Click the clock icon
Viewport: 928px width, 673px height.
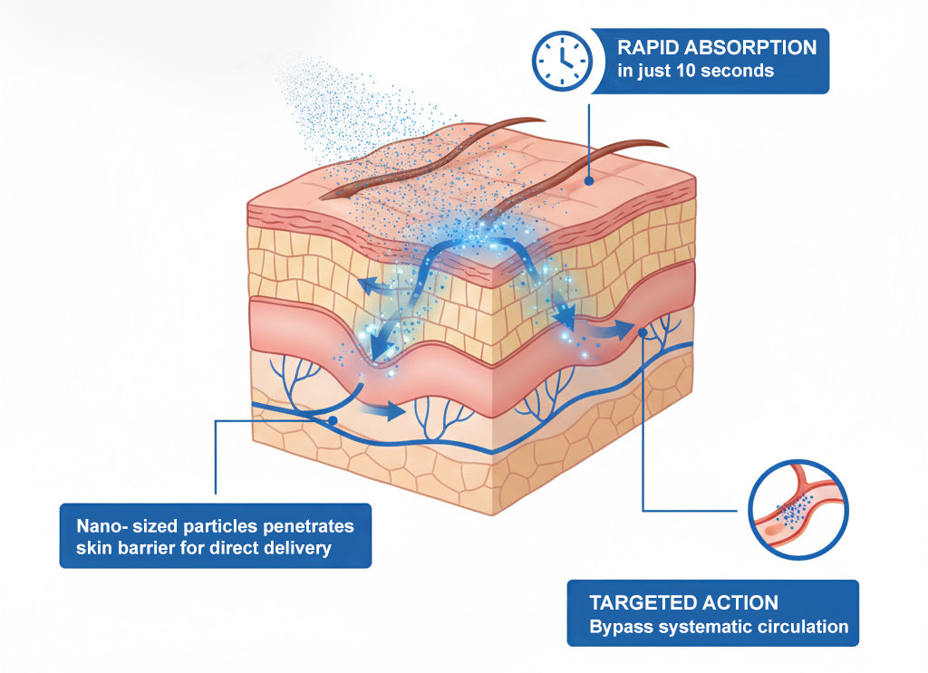point(561,60)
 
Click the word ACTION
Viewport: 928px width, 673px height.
point(742,602)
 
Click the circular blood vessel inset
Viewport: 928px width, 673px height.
point(798,509)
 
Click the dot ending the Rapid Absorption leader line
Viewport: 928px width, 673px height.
point(590,181)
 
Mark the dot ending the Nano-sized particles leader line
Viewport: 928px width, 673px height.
point(333,421)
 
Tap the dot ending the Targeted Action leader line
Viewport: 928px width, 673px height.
point(643,332)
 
